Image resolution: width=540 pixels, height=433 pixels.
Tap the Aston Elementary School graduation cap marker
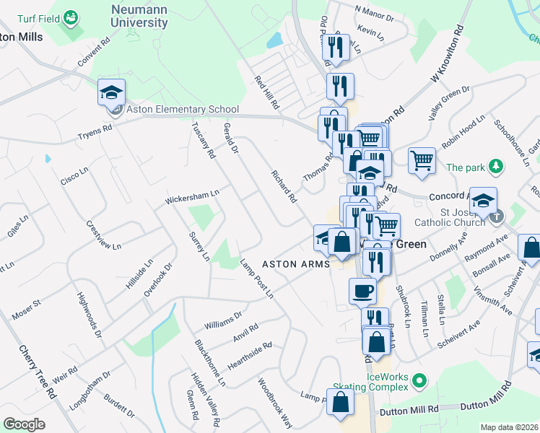(x=112, y=92)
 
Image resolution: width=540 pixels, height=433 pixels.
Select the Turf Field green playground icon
(x=71, y=16)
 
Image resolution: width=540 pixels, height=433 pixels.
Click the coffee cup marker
(x=362, y=291)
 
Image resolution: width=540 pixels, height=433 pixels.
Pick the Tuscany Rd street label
(x=203, y=139)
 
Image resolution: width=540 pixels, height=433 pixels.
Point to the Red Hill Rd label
(x=266, y=92)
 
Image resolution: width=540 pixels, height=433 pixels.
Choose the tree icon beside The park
(x=496, y=167)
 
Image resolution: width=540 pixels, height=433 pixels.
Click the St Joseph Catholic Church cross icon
(x=496, y=216)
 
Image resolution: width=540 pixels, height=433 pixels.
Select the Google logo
(x=25, y=424)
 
